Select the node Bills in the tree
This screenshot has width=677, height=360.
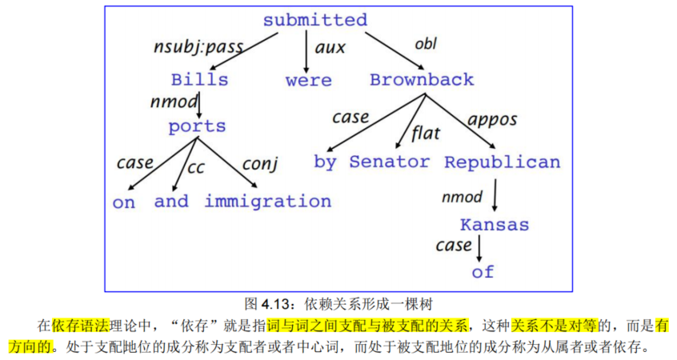[x=199, y=80]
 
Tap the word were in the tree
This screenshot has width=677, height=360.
[x=308, y=80]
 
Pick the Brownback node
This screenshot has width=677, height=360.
[x=422, y=80]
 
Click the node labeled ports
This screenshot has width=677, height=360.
[x=197, y=126]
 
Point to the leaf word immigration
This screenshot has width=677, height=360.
[x=267, y=202]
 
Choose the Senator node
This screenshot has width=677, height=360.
[x=389, y=162]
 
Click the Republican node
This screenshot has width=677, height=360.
[x=503, y=162]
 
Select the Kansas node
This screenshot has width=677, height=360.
[x=495, y=225]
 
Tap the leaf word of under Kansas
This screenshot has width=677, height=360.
[x=483, y=271]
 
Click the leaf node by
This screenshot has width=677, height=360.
[x=325, y=162]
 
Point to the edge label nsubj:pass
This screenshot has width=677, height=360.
[x=198, y=46]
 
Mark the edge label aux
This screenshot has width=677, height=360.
[x=330, y=48]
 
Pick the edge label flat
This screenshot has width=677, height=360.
[x=425, y=133]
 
